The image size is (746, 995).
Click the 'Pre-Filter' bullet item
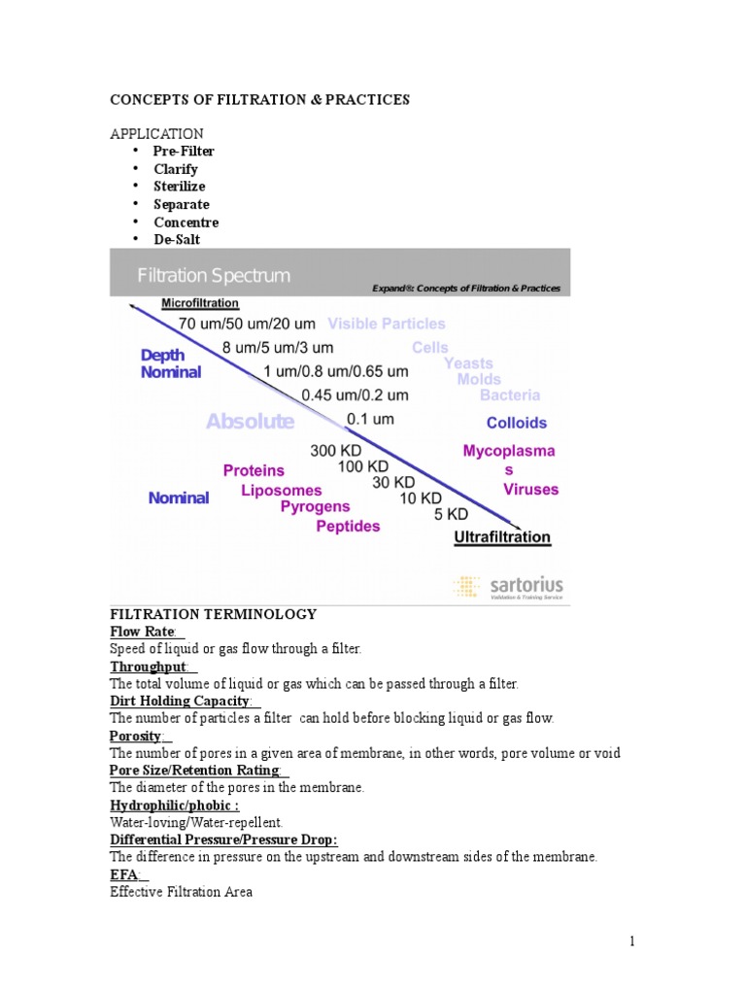pyautogui.click(x=184, y=152)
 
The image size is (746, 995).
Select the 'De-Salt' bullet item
pyautogui.click(x=177, y=239)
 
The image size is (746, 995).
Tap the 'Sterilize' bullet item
pyautogui.click(x=179, y=187)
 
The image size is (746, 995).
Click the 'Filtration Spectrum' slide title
pyautogui.click(x=214, y=275)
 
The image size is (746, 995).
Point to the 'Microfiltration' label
pyautogui.click(x=200, y=303)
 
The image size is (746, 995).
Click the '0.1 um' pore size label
pyautogui.click(x=370, y=419)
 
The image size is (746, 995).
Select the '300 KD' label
pyautogui.click(x=336, y=451)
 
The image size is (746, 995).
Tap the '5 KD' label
pyautogui.click(x=451, y=513)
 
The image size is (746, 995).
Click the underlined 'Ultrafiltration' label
pyautogui.click(x=503, y=536)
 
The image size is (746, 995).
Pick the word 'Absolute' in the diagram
pyautogui.click(x=250, y=422)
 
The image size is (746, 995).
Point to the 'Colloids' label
pyautogui.click(x=516, y=423)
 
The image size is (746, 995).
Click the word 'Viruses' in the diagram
pyautogui.click(x=530, y=490)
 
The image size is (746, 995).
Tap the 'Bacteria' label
pyautogui.click(x=510, y=395)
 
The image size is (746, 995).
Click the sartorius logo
pyautogui.click(x=508, y=587)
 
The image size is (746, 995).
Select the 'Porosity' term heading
pyautogui.click(x=136, y=736)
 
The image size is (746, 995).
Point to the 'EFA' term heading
pyautogui.click(x=123, y=875)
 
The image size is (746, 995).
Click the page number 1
pyautogui.click(x=631, y=941)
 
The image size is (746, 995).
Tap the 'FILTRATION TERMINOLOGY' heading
pyautogui.click(x=213, y=614)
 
